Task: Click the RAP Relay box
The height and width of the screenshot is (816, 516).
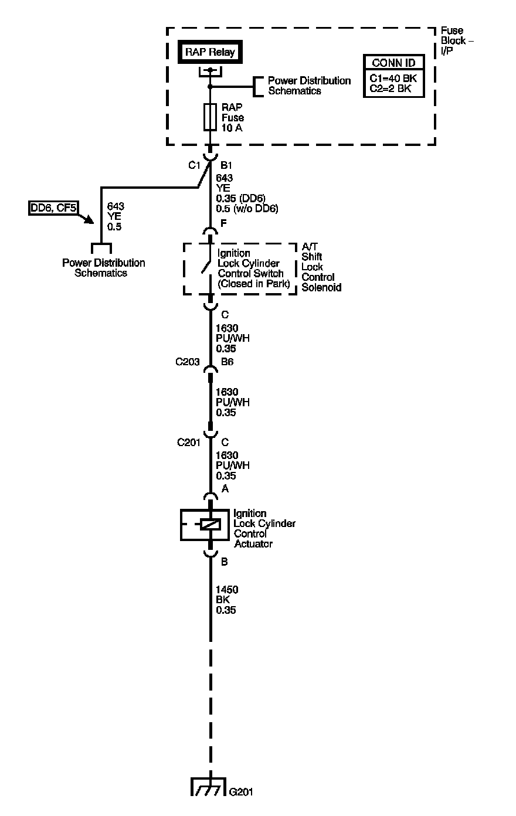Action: pos(210,52)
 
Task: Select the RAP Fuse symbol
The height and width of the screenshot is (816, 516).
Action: pos(210,117)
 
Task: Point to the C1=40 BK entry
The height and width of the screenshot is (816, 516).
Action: pos(393,78)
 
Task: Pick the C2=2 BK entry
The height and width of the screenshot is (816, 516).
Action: pos(390,89)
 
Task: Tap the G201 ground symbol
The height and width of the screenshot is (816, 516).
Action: pos(209,787)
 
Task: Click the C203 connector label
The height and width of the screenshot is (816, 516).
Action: pos(188,362)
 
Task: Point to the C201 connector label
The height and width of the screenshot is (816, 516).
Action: pos(189,443)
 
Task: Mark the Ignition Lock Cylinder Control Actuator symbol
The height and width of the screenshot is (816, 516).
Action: pos(209,524)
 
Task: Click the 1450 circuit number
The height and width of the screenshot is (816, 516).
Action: pos(227,590)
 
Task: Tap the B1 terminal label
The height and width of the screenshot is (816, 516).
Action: pos(226,165)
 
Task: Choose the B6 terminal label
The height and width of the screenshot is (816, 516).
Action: pos(227,362)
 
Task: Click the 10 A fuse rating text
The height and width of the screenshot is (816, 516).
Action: pos(232,127)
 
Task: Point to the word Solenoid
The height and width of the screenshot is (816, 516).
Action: pos(321,287)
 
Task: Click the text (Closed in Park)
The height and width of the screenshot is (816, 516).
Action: pos(254,284)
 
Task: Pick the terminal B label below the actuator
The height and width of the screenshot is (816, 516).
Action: pos(224,562)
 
